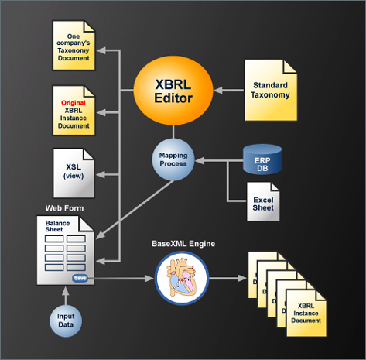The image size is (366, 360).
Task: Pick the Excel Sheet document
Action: coord(262,202)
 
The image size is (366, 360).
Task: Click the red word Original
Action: coord(74,102)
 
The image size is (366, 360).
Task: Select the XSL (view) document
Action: coord(74,171)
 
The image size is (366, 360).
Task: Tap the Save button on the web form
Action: coord(79,277)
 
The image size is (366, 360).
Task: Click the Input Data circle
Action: coord(67,320)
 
